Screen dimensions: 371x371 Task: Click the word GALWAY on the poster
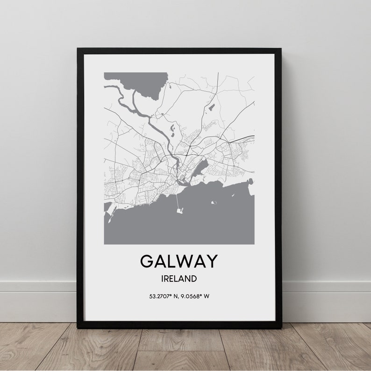tap(179, 261)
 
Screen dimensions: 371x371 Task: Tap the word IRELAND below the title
tap(178, 279)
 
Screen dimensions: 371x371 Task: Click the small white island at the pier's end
tap(179, 211)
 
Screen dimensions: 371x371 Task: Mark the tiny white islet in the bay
tap(214, 203)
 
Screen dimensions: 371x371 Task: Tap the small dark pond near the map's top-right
tap(211, 107)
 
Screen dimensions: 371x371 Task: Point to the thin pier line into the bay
tap(177, 201)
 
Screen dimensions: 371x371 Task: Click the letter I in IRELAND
tap(162, 279)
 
